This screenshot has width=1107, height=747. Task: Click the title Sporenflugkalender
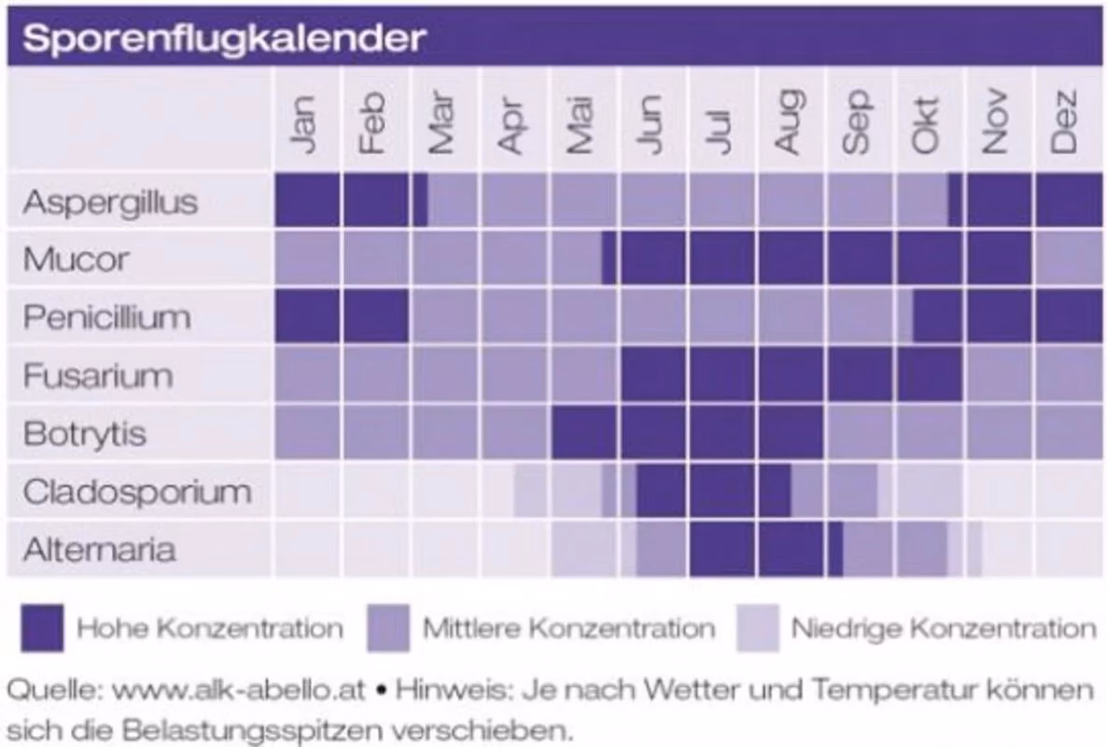(x=224, y=39)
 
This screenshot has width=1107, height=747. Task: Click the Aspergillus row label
(x=110, y=202)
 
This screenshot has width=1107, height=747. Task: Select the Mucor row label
(x=76, y=260)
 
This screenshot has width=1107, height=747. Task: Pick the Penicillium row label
(x=106, y=317)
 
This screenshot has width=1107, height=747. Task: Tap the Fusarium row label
(x=98, y=375)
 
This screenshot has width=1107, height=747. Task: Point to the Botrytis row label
(x=84, y=433)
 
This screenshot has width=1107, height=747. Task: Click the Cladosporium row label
(x=136, y=491)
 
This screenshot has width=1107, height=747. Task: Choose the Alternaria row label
(x=99, y=549)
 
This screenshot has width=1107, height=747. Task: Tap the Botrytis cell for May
(x=583, y=433)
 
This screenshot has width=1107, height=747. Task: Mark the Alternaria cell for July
(x=722, y=549)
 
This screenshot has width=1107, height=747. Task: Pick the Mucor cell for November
(x=999, y=259)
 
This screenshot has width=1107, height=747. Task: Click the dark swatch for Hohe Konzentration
(x=42, y=627)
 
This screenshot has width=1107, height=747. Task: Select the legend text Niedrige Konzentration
(x=943, y=628)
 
